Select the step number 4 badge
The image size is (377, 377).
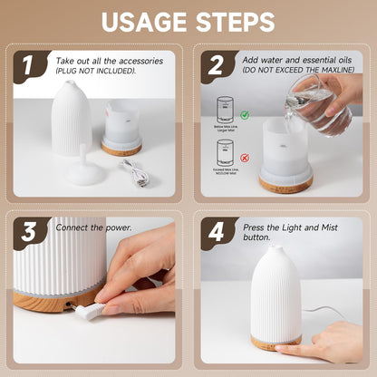tap(217, 233)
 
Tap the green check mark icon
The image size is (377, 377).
tap(245, 113)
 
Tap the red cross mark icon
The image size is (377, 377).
tap(245, 158)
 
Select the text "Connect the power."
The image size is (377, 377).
tap(93, 227)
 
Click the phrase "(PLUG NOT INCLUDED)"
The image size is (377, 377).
tap(96, 70)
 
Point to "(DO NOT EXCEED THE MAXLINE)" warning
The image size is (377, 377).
tap(295, 70)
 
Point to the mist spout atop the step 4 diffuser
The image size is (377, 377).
tap(275, 250)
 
